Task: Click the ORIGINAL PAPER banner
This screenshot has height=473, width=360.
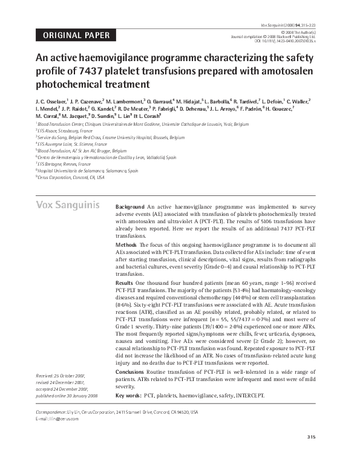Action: pyautogui.click(x=76, y=35)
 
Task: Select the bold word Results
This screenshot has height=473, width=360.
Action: pyautogui.click(x=125, y=282)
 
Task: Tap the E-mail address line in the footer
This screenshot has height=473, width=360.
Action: pyautogui.click(x=58, y=419)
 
